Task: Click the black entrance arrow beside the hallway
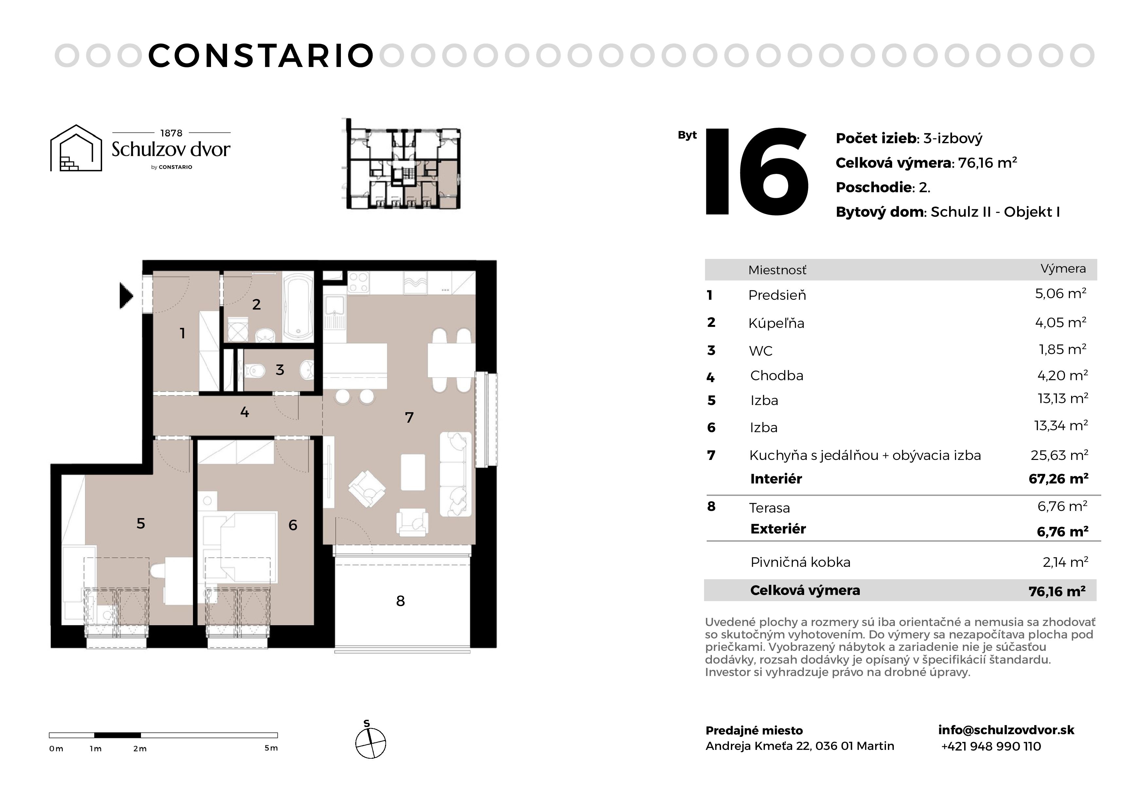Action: (x=126, y=296)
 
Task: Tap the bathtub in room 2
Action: (x=298, y=306)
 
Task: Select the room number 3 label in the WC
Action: (x=280, y=370)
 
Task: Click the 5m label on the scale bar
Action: (x=271, y=748)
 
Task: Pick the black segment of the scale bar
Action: (x=117, y=735)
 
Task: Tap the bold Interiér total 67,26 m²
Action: (x=1058, y=479)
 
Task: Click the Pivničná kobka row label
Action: (x=800, y=562)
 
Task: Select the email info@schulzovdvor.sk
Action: (x=1006, y=730)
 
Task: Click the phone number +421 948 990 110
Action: (x=991, y=747)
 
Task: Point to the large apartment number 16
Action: (x=756, y=171)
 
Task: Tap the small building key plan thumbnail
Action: (x=401, y=163)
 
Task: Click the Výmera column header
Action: (x=1063, y=269)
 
